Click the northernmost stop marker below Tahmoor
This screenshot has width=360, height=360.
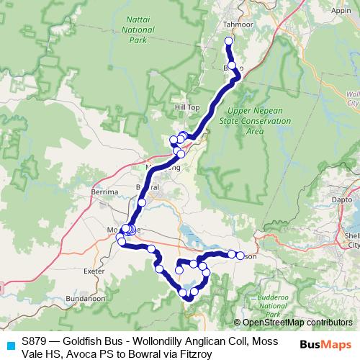[x=229, y=41]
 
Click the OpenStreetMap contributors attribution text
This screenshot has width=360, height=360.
[x=297, y=323]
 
